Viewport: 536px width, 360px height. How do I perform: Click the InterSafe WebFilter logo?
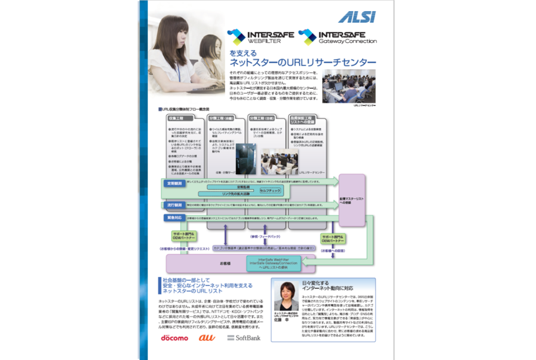260,37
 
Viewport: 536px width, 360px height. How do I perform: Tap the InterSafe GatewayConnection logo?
338,37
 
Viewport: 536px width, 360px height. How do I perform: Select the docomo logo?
174,338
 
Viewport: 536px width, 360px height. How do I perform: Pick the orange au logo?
207,338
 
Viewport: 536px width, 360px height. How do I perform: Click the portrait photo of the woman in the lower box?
286,296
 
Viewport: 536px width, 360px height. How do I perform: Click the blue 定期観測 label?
173,184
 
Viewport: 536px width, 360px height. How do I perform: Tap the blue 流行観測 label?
173,204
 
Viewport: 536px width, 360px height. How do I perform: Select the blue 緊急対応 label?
173,219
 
